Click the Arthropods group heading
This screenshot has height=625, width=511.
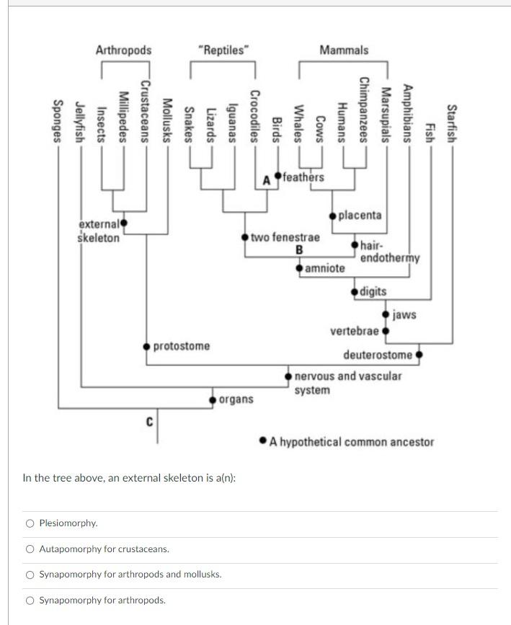point(123,50)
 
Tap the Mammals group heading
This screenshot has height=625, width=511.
point(344,50)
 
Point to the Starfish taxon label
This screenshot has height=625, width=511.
point(452,123)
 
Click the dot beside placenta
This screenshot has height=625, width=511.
point(333,216)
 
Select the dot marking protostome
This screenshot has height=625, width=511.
point(147,346)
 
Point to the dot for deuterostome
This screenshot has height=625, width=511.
point(419,355)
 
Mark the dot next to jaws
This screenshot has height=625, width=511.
point(387,314)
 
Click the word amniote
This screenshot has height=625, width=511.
point(324,268)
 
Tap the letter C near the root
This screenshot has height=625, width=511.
point(149,421)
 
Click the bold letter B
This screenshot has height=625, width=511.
point(298,250)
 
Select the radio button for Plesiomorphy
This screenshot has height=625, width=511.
point(30,523)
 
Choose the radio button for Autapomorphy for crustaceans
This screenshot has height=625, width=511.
point(30,549)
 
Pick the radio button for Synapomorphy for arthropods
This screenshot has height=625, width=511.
point(30,600)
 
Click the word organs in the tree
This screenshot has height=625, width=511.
point(236,399)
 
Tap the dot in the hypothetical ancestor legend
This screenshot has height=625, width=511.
point(264,441)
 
